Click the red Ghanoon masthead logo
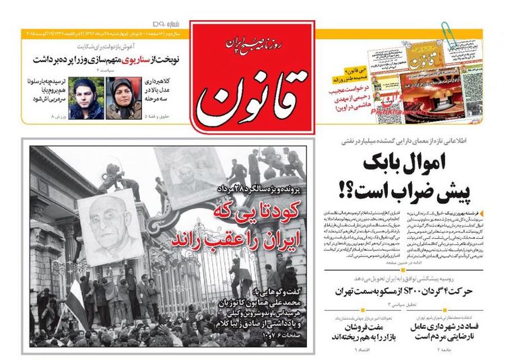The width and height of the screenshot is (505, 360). tap(252, 74)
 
